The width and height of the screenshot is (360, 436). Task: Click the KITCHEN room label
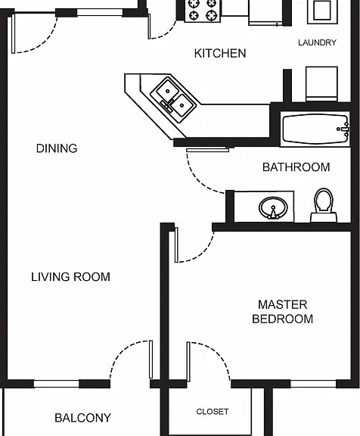(220, 54)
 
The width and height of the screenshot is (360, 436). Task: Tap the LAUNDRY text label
(317, 42)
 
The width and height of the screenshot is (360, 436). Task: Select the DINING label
(57, 148)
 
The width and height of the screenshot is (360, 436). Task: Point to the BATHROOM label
(296, 167)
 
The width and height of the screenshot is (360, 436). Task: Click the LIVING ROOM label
(70, 277)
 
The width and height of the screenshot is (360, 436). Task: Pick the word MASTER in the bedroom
(283, 305)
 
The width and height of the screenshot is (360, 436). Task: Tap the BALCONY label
(82, 418)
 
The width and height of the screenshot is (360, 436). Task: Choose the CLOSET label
(213, 412)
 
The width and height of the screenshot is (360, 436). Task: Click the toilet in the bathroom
(324, 205)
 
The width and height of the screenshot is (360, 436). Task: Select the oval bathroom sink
(273, 207)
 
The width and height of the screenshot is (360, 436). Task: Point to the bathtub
(315, 129)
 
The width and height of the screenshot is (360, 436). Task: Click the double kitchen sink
(173, 99)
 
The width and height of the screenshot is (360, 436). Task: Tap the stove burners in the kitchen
(202, 10)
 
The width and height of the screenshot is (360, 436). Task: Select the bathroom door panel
(207, 150)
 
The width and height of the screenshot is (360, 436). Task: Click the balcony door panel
(151, 360)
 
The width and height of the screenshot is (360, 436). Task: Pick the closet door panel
(188, 362)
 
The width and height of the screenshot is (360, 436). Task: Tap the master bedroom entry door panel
(176, 244)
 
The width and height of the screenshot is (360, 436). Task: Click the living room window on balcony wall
(57, 384)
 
